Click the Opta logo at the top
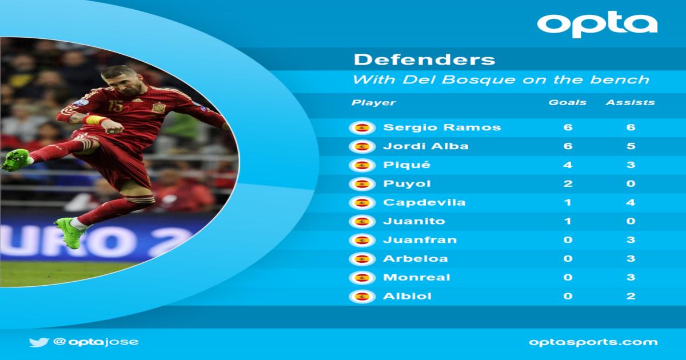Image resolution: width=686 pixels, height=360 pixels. (597, 24)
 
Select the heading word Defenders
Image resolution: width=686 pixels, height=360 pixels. (424, 59)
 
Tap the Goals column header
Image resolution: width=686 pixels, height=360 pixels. (568, 102)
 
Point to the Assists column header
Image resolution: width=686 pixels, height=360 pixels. (630, 102)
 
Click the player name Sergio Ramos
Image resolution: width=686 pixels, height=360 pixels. (442, 127)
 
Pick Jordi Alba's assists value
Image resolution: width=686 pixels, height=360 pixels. (631, 146)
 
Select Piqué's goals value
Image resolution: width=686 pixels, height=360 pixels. (568, 165)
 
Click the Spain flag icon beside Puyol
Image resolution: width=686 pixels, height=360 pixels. (362, 184)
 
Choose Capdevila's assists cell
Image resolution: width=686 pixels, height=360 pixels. (631, 202)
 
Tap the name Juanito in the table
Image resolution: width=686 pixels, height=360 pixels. (414, 221)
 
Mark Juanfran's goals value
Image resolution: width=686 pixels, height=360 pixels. (568, 239)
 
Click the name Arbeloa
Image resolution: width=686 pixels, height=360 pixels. (416, 259)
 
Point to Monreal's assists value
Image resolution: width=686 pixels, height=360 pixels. (631, 277)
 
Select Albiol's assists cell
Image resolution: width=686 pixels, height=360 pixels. (631, 296)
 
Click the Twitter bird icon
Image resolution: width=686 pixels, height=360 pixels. (39, 342)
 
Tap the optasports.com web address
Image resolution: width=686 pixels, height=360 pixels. (593, 342)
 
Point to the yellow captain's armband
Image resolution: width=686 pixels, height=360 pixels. (95, 119)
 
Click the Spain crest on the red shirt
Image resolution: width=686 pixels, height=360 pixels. (159, 107)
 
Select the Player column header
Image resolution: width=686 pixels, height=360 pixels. (374, 102)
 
